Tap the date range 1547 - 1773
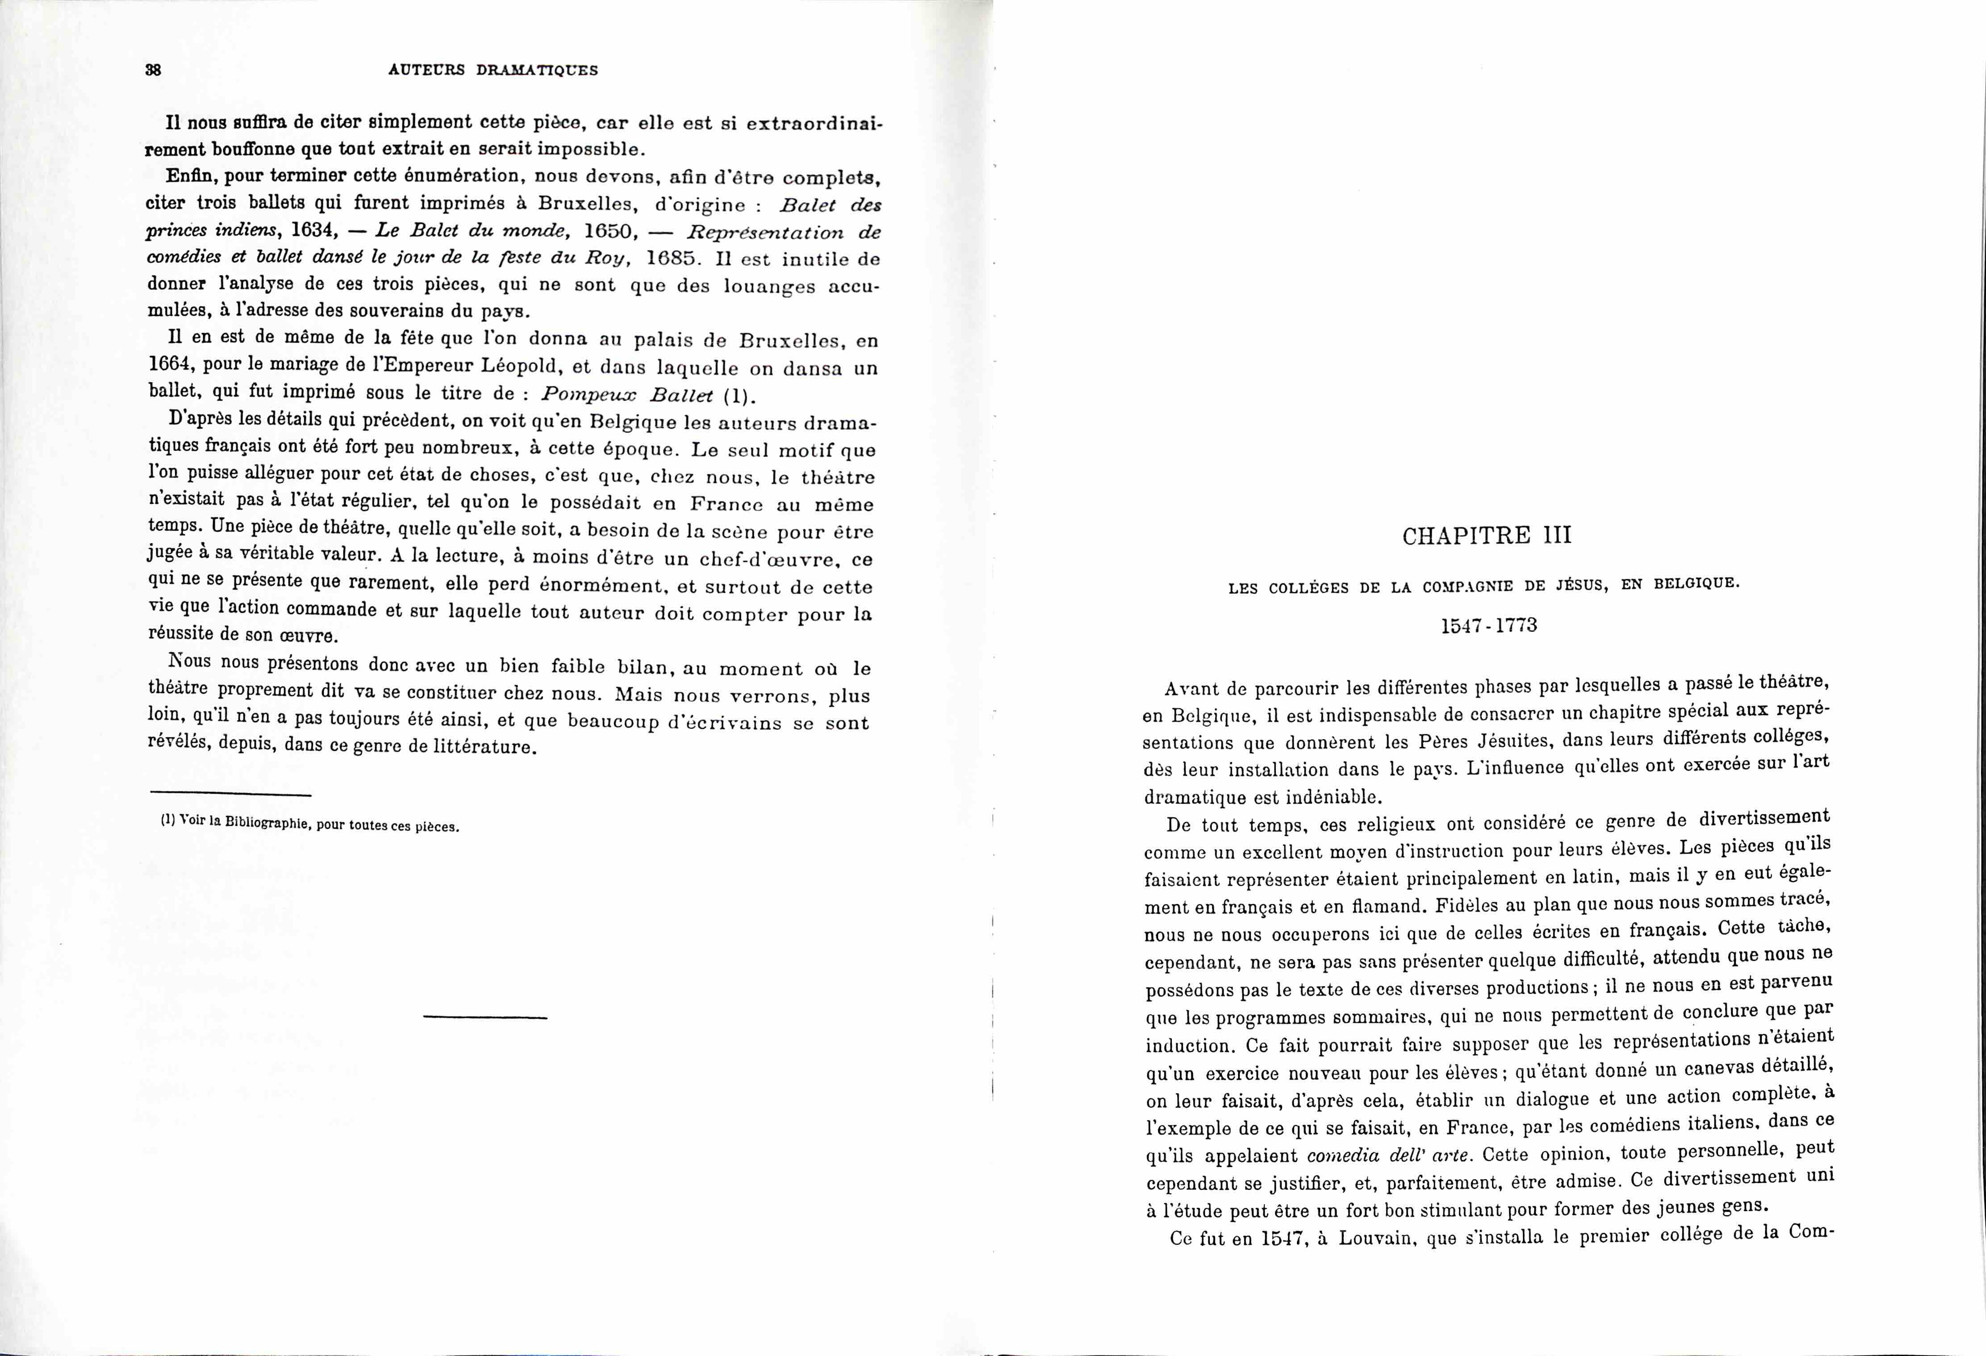pos(1488,625)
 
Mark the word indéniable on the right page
pos(1333,796)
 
